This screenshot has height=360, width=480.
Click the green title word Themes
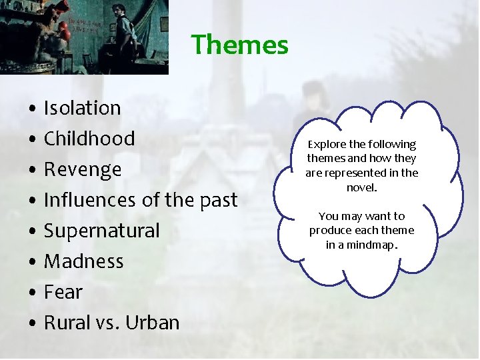click(x=240, y=45)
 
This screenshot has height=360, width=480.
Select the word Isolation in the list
click(x=83, y=108)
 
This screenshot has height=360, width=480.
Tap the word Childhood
click(x=89, y=139)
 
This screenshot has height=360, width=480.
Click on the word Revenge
click(x=83, y=169)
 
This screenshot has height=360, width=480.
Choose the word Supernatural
click(x=102, y=231)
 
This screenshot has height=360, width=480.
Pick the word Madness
click(x=83, y=261)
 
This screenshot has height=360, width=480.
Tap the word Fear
click(x=63, y=292)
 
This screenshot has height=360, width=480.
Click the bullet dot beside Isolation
click(x=32, y=109)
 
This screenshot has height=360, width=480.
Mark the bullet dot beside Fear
click(x=32, y=293)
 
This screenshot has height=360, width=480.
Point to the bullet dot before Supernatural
click(x=32, y=231)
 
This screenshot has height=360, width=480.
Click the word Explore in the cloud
click(x=326, y=145)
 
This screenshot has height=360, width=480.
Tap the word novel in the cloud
click(x=361, y=188)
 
